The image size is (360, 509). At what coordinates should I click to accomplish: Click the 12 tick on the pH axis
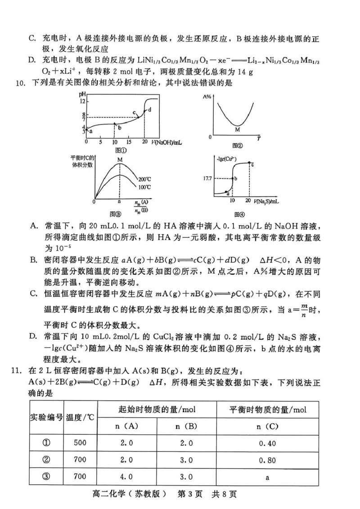82,102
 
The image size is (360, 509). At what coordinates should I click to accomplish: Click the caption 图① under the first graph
120,150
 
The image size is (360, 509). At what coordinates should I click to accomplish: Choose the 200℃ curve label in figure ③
144,179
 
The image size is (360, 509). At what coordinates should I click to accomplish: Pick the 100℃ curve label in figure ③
144,186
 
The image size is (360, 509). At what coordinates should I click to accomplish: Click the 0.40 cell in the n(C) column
267,443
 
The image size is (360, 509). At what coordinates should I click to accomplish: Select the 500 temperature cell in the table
80,443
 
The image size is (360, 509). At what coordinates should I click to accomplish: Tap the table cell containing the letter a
267,478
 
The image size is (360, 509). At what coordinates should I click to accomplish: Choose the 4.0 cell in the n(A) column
126,477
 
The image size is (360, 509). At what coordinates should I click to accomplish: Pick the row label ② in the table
46,460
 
